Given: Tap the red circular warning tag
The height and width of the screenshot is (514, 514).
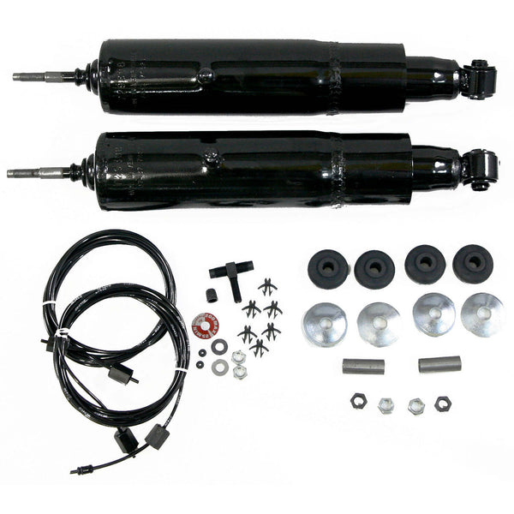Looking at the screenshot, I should point(206,325).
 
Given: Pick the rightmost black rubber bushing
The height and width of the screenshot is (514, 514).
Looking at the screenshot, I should point(473,264).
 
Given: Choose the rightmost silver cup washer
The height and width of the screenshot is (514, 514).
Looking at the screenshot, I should point(481,314).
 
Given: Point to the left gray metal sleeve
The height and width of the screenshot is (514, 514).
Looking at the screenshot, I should point(362,366).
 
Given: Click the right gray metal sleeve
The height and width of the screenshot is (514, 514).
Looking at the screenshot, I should point(439,364).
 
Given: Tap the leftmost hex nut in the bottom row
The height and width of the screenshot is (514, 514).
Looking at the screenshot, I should point(358,400).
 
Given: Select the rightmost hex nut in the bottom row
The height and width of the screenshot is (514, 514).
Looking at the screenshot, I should point(442,403).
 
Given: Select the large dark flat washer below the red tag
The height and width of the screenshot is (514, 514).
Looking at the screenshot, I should point(219,346).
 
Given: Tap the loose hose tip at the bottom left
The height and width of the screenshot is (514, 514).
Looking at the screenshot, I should point(78,471).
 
